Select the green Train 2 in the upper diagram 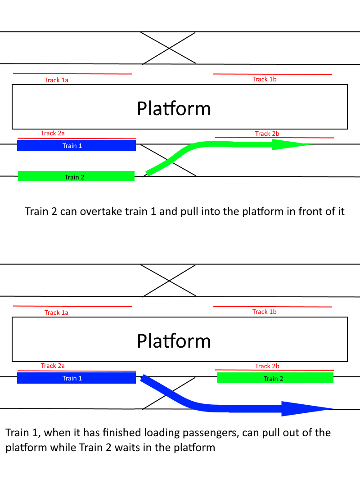(76, 176)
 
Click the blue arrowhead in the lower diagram (306, 408)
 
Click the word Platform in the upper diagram (174, 108)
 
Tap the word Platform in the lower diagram (174, 341)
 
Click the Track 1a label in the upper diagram (56, 80)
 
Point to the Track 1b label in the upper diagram (264, 79)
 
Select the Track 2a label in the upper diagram (53, 133)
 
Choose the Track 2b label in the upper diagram (267, 134)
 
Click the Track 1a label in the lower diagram (56, 313)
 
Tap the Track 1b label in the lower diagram (264, 312)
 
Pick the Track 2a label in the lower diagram (53, 366)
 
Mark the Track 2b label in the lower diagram (267, 366)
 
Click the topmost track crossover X (169, 48)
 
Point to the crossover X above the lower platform (169, 281)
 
